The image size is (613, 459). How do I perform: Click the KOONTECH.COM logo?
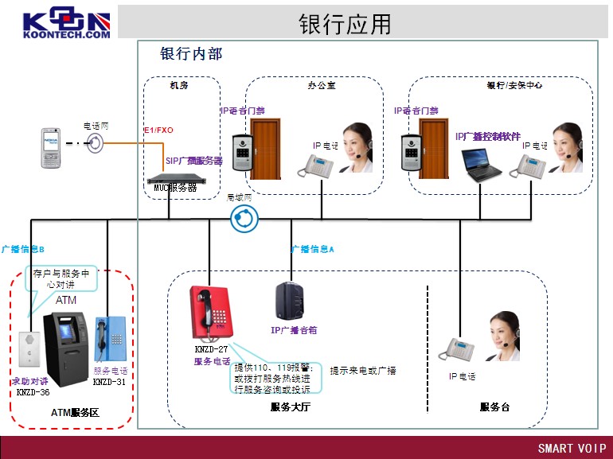(66, 24)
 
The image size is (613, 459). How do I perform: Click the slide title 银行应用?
(346, 24)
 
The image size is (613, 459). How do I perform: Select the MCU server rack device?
(171, 179)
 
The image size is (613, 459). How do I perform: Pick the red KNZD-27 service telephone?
(209, 315)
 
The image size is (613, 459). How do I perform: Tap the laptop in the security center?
(482, 165)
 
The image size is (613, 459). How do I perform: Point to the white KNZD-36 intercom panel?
(31, 348)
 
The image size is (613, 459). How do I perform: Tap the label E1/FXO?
(158, 129)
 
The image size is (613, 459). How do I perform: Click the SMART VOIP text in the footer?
(572, 448)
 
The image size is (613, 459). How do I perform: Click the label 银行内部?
(191, 54)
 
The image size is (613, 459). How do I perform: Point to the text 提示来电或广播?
(363, 371)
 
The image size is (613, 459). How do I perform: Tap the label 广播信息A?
(312, 249)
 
